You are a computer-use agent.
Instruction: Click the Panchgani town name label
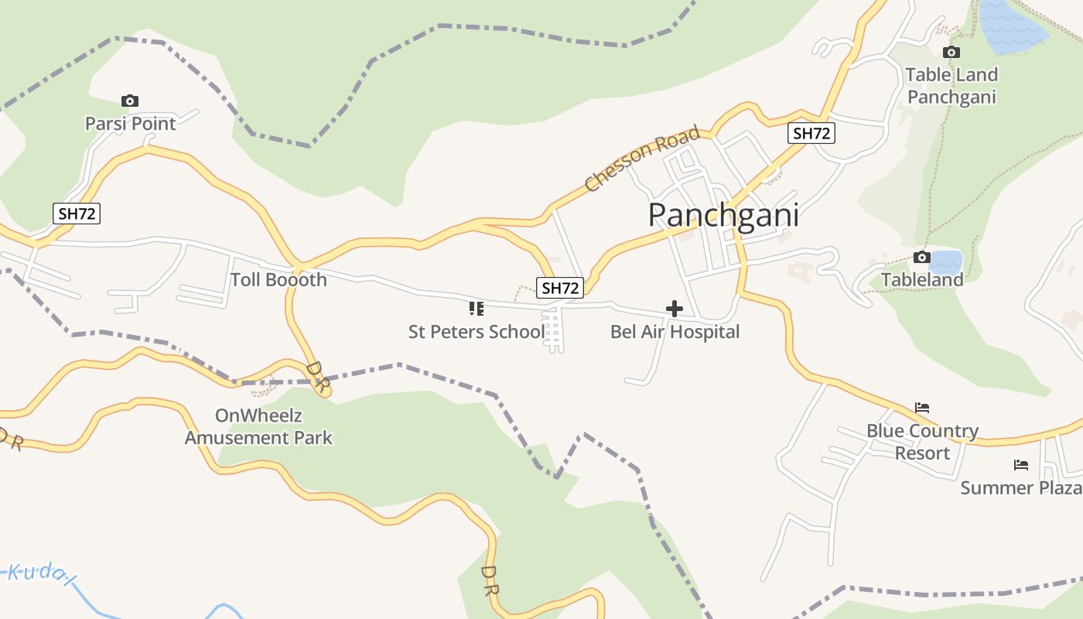[x=723, y=214]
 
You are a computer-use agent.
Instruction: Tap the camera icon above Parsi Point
[x=130, y=101]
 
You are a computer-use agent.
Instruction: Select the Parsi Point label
[x=130, y=123]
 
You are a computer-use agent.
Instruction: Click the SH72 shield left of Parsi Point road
[x=77, y=214]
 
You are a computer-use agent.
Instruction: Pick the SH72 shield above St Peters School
[x=560, y=288]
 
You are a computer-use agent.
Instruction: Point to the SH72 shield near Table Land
[x=811, y=133]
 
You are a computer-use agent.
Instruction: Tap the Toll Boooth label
[x=278, y=279]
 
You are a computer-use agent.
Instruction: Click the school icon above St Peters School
[x=477, y=309]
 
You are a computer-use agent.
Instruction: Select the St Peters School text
[x=477, y=332]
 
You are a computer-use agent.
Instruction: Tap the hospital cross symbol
[x=675, y=309]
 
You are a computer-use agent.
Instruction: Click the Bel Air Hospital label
[x=675, y=332]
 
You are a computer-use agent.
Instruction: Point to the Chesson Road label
[x=642, y=159]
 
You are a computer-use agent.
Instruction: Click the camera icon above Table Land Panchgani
[x=951, y=52]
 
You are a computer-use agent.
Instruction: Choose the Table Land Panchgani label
[x=951, y=86]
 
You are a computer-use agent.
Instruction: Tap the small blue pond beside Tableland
[x=947, y=262]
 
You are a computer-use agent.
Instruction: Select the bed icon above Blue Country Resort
[x=922, y=408]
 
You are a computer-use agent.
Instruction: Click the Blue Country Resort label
[x=922, y=441]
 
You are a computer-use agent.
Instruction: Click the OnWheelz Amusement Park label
[x=258, y=426]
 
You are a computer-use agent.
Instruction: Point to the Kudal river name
[x=39, y=572]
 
